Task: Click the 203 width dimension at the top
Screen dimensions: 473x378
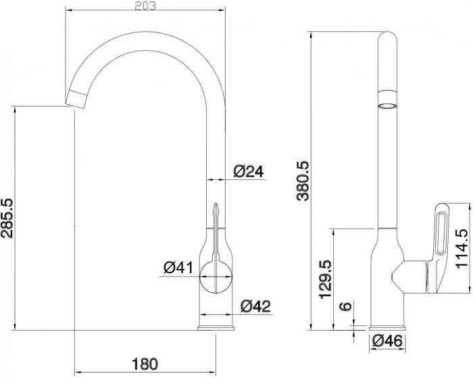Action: point(145,6)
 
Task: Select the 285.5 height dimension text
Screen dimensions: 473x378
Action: point(7,218)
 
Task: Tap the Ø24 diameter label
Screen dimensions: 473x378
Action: point(249,172)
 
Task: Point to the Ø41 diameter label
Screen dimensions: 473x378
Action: point(178,268)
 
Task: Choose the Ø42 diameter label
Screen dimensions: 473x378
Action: point(256,306)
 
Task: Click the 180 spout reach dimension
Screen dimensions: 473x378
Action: point(145,364)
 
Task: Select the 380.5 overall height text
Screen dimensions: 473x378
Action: point(303,181)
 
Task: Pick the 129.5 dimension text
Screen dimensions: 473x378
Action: point(326,279)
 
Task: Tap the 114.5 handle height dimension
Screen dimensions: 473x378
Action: point(462,248)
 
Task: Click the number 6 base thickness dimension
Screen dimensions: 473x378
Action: point(346,306)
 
